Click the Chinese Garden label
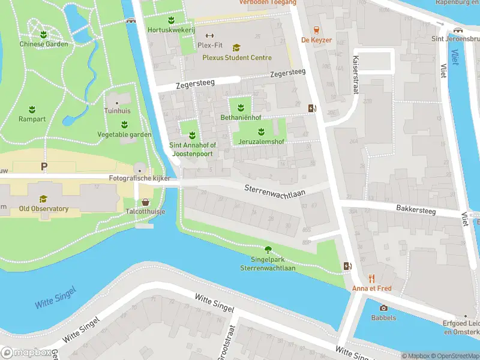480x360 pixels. pyautogui.click(x=43, y=44)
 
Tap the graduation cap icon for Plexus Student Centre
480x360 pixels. pyautogui.click(x=236, y=47)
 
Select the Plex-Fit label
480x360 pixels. pyautogui.click(x=210, y=45)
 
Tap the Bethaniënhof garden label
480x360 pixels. pyautogui.click(x=241, y=117)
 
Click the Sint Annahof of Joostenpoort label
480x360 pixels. pyautogui.click(x=192, y=149)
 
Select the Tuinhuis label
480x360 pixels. pyautogui.click(x=116, y=111)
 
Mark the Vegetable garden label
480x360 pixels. pyautogui.click(x=124, y=134)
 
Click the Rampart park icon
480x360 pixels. pyautogui.click(x=32, y=109)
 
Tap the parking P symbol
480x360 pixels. pyautogui.click(x=43, y=166)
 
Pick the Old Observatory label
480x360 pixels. pyautogui.click(x=43, y=209)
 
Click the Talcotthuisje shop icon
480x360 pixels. pyautogui.click(x=145, y=202)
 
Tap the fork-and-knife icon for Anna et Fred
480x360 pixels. pyautogui.click(x=371, y=278)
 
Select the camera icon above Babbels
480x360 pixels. pyautogui.click(x=383, y=308)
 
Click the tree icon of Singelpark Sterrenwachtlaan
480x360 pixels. pyautogui.click(x=268, y=250)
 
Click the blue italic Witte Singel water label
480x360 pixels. pyautogui.click(x=55, y=298)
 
